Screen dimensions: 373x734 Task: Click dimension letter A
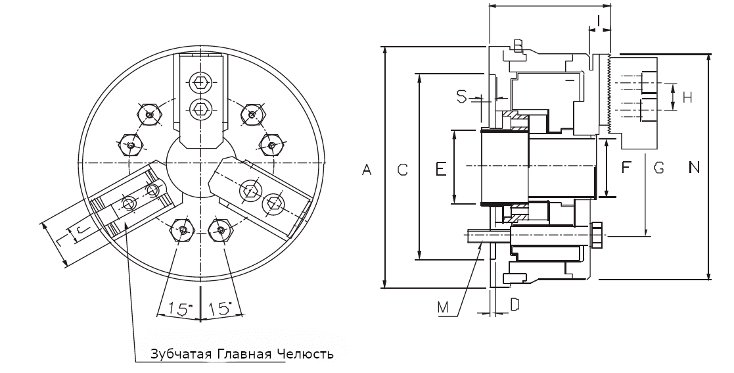click(x=367, y=170)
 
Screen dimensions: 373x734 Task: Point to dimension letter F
click(x=626, y=168)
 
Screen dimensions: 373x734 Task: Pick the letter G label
click(x=658, y=168)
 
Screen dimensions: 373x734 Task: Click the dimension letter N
click(x=693, y=168)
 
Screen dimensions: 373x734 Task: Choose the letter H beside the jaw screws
click(x=687, y=98)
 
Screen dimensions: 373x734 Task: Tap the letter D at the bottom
click(x=515, y=304)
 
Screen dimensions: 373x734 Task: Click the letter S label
click(x=461, y=97)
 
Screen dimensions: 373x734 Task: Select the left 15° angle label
click(x=178, y=308)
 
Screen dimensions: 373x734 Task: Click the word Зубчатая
click(x=174, y=355)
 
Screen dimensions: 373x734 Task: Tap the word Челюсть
click(x=306, y=355)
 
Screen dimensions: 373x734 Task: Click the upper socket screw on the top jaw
click(x=201, y=84)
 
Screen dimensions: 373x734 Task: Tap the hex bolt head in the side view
click(x=597, y=236)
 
